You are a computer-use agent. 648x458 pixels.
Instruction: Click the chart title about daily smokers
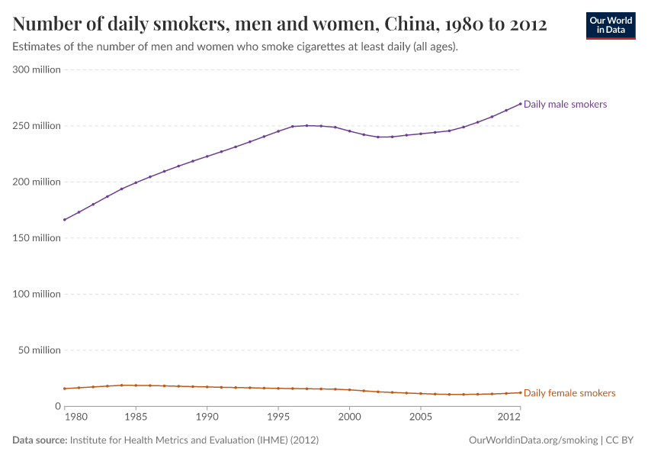coord(280,24)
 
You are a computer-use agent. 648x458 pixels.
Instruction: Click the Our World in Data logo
coord(611,25)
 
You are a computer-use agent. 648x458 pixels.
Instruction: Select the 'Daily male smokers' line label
coord(565,104)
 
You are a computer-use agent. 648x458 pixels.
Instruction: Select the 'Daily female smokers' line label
coord(569,393)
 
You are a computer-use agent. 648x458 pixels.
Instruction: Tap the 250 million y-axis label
coord(37,126)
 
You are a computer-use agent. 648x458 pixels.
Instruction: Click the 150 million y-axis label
coord(37,238)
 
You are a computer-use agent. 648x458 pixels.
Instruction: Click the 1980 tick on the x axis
coord(75,418)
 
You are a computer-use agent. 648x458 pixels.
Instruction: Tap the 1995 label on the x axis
coord(278,418)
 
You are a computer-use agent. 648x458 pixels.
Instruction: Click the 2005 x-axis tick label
coord(421,418)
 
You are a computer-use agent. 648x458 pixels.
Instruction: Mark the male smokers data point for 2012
coord(520,104)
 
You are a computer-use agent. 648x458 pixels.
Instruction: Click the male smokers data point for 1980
coord(65,220)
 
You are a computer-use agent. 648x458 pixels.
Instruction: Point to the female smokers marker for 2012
coord(520,392)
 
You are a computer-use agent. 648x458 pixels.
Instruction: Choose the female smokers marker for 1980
coord(65,389)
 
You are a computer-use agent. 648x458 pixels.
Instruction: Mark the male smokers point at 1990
coord(207,156)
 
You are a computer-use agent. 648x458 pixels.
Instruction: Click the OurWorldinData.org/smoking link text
coord(533,440)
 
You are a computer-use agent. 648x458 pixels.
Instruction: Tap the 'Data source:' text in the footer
coord(40,440)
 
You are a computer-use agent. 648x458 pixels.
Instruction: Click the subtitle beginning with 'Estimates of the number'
coord(236,47)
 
